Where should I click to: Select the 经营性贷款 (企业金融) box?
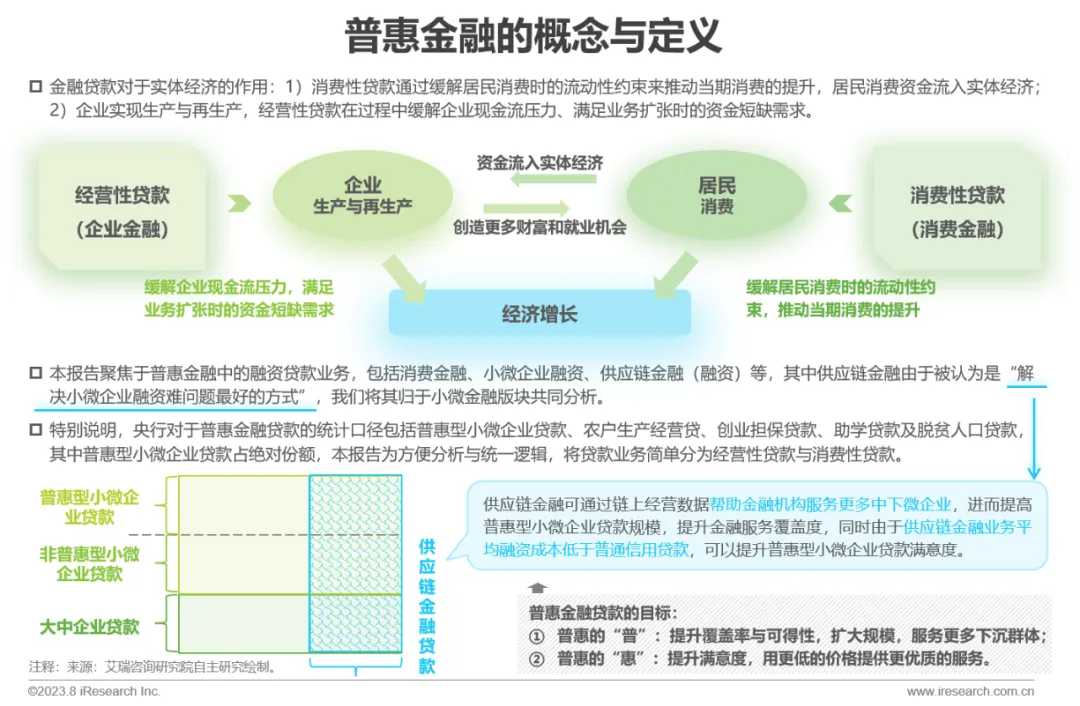click(x=122, y=211)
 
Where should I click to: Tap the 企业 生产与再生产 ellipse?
click(x=362, y=196)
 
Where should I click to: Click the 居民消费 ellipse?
click(x=716, y=196)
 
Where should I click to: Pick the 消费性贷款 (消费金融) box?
click(x=957, y=211)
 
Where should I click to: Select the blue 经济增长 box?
click(x=539, y=314)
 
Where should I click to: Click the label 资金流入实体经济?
click(x=540, y=162)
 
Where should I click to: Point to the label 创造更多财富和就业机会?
click(x=540, y=227)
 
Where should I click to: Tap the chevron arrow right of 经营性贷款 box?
click(x=238, y=204)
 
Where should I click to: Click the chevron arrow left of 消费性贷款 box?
click(x=840, y=204)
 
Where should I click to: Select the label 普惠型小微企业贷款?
click(x=89, y=507)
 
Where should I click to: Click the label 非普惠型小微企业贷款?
click(x=89, y=563)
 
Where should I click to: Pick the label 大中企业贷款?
click(x=89, y=627)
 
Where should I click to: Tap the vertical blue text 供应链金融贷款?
click(x=427, y=605)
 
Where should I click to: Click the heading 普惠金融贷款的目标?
click(x=603, y=613)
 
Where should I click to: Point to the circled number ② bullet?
click(x=537, y=658)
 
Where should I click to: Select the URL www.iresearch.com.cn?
click(x=969, y=692)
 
